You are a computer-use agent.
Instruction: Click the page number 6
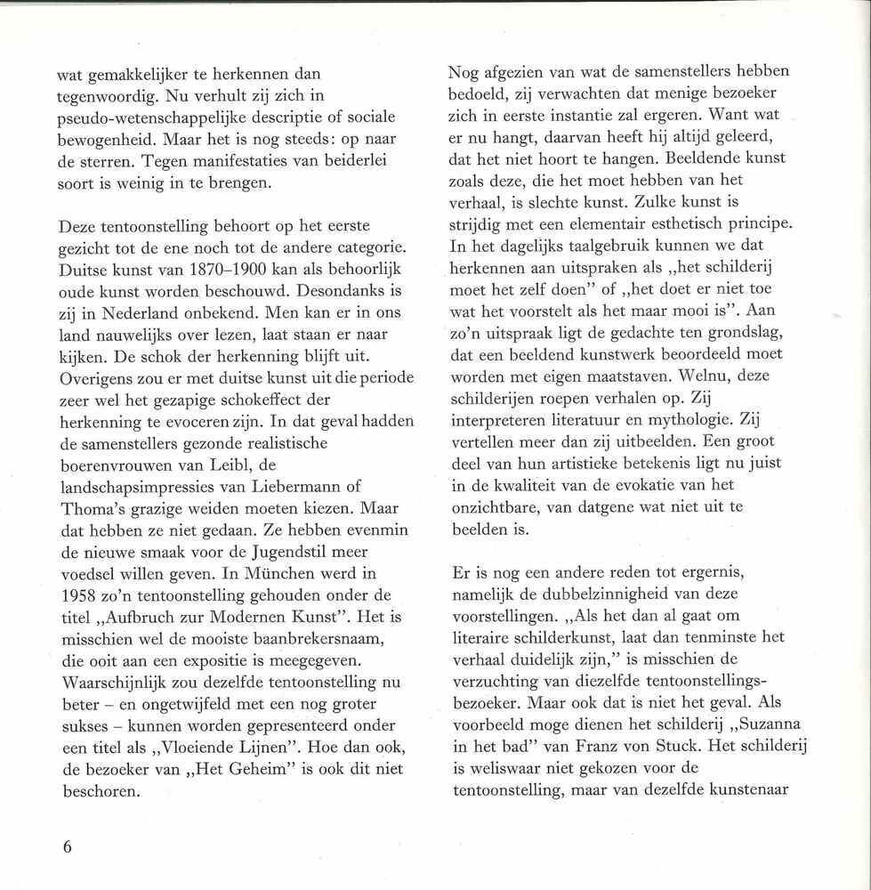(66, 845)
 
